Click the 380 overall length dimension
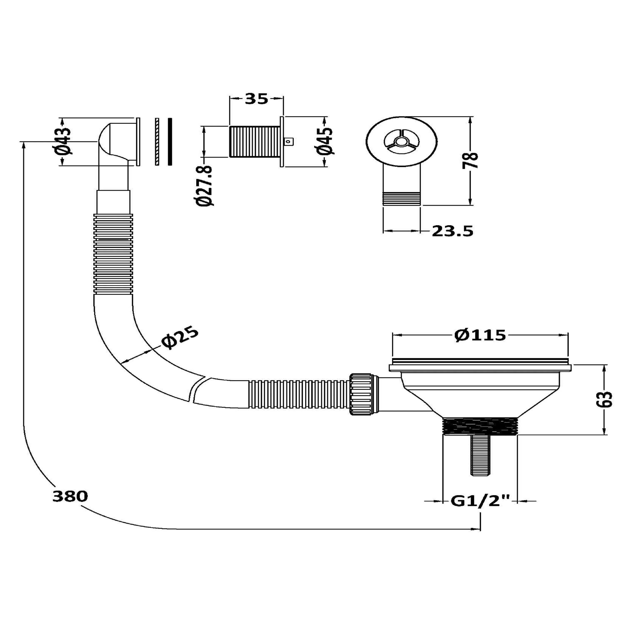[x=70, y=496]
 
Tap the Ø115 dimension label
[x=480, y=335]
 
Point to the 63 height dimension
[x=604, y=400]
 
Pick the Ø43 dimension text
[x=64, y=141]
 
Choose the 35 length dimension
[x=256, y=99]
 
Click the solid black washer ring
[x=170, y=142]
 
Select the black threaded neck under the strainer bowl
[x=480, y=427]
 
